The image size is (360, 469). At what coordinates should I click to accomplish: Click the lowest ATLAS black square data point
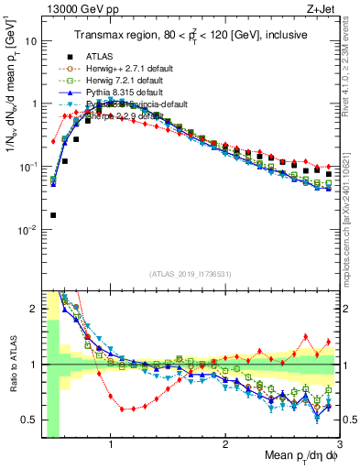[x=52, y=215]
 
